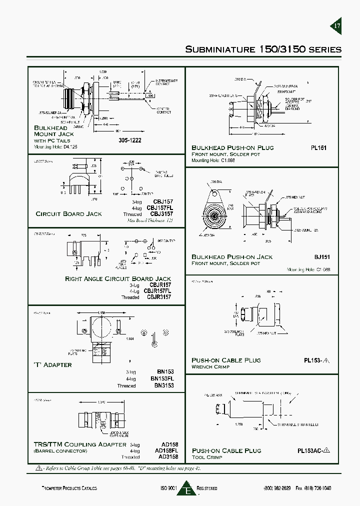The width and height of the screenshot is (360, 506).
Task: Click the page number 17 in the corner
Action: pyautogui.click(x=337, y=26)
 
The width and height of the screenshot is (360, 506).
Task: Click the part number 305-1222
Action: pyautogui.click(x=130, y=140)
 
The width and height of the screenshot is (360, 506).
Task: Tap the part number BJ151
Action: pyautogui.click(x=322, y=256)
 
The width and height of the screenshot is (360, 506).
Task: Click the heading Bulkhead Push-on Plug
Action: pyautogui.click(x=232, y=147)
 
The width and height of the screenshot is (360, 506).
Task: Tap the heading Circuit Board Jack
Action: pyautogui.click(x=68, y=213)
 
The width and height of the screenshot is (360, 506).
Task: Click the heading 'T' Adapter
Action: pyautogui.click(x=52, y=364)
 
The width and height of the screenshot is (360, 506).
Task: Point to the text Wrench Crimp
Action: pyautogui.click(x=210, y=366)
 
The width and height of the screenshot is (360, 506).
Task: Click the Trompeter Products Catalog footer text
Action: pyautogui.click(x=69, y=488)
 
